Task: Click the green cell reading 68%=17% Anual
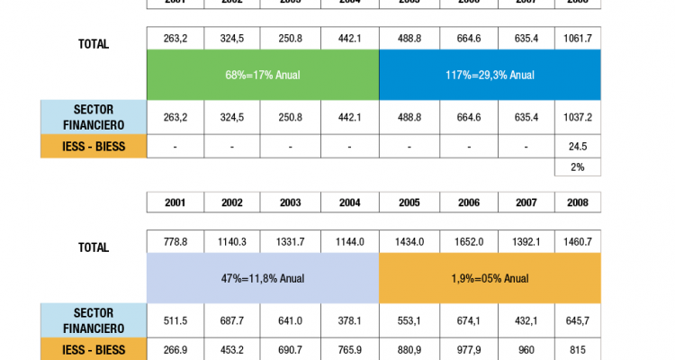[x=263, y=75]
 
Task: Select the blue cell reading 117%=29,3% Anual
[x=490, y=75]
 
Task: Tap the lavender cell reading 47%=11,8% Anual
[x=263, y=278]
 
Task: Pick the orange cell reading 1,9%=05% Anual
[x=490, y=278]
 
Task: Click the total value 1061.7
[x=577, y=38]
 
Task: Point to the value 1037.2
[x=577, y=117]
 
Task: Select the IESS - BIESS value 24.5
[x=577, y=147]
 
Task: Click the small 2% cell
[x=577, y=166]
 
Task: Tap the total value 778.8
[x=175, y=241]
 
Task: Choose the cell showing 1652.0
[x=468, y=241]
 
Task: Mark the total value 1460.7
[x=577, y=241]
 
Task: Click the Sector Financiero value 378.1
[x=350, y=320]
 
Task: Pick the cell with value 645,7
[x=577, y=320]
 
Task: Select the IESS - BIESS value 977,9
[x=468, y=349]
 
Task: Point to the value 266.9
[x=175, y=349]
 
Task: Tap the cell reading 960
[x=526, y=349]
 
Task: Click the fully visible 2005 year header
[x=409, y=202]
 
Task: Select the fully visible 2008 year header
[x=577, y=202]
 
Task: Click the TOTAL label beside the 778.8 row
[x=94, y=247]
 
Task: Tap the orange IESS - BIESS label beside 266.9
[x=94, y=349]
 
